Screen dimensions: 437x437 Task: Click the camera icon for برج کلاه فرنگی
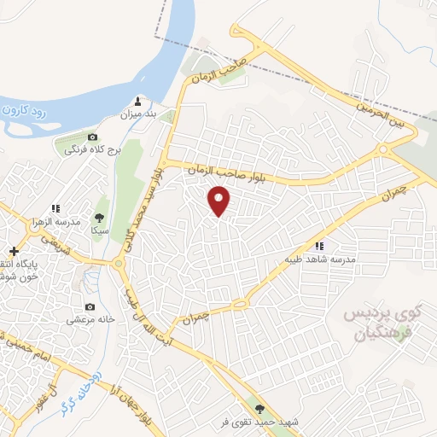coord(92,137)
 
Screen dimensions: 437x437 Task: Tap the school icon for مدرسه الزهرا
coord(55,207)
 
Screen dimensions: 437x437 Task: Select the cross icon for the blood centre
coord(13,251)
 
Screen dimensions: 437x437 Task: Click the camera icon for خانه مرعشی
coord(90,307)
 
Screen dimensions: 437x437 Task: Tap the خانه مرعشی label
coord(90,320)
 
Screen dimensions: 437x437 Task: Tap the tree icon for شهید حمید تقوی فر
coord(259,409)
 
